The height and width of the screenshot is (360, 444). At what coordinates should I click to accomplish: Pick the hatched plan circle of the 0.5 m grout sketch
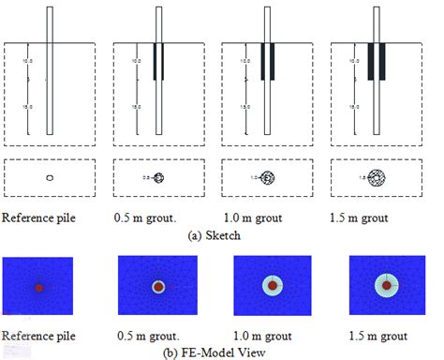click(x=158, y=177)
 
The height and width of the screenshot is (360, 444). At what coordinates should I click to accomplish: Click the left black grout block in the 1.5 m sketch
click(x=373, y=60)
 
